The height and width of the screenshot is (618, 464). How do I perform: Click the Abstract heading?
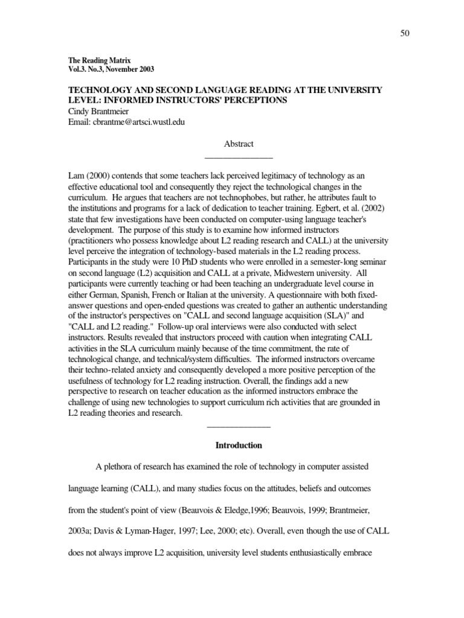239,144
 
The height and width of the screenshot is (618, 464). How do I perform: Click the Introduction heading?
239,445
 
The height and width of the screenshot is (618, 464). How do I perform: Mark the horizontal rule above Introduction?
239,427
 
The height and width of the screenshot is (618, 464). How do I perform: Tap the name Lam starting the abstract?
77,174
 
